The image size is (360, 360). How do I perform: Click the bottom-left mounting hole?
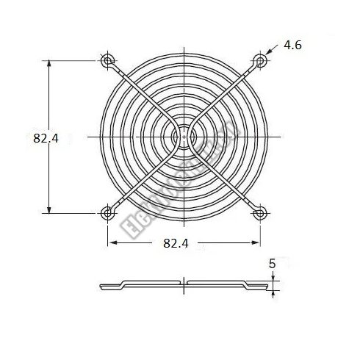click(108, 214)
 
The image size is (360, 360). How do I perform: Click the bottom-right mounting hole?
click(260, 214)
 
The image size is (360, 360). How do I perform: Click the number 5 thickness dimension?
click(273, 262)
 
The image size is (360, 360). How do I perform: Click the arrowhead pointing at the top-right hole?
click(269, 52)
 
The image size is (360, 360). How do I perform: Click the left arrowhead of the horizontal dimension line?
click(112, 242)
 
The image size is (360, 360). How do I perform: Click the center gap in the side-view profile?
click(184, 281)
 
